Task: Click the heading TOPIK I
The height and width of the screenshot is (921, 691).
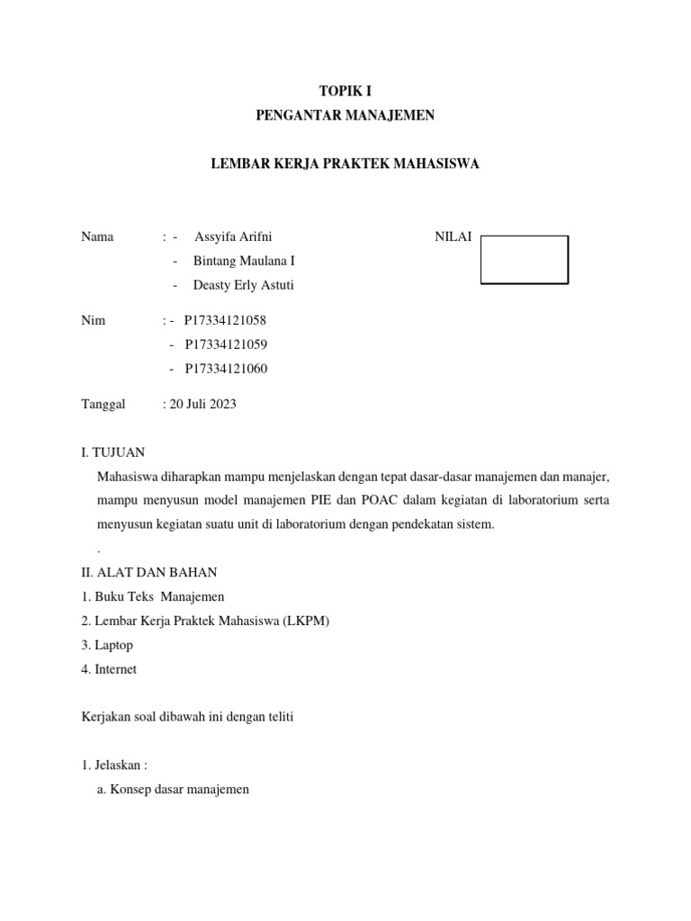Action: [345, 91]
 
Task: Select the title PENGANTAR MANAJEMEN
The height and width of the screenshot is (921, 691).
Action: [345, 115]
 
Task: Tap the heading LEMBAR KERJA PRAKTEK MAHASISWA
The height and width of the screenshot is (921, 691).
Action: [345, 164]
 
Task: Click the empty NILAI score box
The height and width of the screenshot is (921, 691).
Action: [524, 260]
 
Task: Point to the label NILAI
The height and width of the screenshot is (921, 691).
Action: [453, 237]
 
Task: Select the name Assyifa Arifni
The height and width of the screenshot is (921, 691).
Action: [232, 237]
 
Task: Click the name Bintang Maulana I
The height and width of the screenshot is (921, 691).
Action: [244, 261]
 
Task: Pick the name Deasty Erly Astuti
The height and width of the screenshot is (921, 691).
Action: [243, 285]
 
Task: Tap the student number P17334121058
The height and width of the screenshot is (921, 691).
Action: [225, 319]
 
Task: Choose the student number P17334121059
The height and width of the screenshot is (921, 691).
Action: [226, 344]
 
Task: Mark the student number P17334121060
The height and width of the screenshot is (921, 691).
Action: [226, 368]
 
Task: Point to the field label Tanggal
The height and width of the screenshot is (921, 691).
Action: [103, 404]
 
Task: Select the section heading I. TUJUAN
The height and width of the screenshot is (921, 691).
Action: [112, 452]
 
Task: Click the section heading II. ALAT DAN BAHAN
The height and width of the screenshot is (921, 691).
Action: [148, 572]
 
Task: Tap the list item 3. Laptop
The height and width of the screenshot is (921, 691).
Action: [106, 645]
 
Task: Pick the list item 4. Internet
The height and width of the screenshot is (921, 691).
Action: [109, 669]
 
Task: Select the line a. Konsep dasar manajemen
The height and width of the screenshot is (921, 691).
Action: [172, 790]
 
